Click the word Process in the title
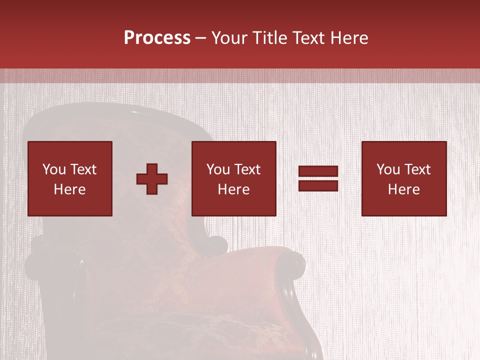[x=157, y=38]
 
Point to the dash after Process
[x=200, y=38]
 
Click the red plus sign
[x=152, y=179]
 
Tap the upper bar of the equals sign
[x=318, y=171]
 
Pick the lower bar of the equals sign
[x=318, y=185]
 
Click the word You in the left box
[x=54, y=169]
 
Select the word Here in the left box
[x=70, y=189]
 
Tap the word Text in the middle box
[x=247, y=169]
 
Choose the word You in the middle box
[x=218, y=169]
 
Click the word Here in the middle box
[x=234, y=189]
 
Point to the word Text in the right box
[x=417, y=169]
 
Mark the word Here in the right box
[x=404, y=189]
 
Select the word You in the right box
[x=388, y=169]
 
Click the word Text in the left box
[x=83, y=169]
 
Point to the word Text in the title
[x=307, y=38]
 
